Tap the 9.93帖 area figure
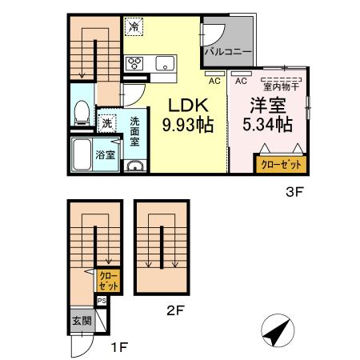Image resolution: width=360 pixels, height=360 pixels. tap(187, 125)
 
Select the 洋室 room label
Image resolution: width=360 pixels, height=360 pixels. tap(266, 106)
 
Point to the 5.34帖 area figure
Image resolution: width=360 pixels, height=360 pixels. tap(266, 125)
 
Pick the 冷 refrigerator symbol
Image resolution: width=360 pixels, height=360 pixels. tap(134, 26)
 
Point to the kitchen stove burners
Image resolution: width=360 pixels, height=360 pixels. tap(134, 64)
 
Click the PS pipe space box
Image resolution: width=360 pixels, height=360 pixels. tap(102, 300)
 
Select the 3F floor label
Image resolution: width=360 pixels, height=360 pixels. tap(296, 192)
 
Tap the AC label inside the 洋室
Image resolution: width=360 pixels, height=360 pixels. tap(240, 80)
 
